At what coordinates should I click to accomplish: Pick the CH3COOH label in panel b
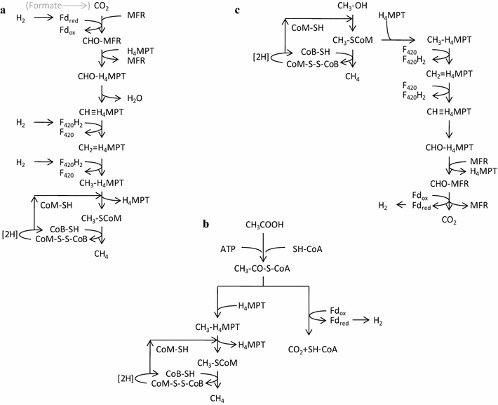point(262,225)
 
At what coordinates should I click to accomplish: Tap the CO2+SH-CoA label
point(313,348)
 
